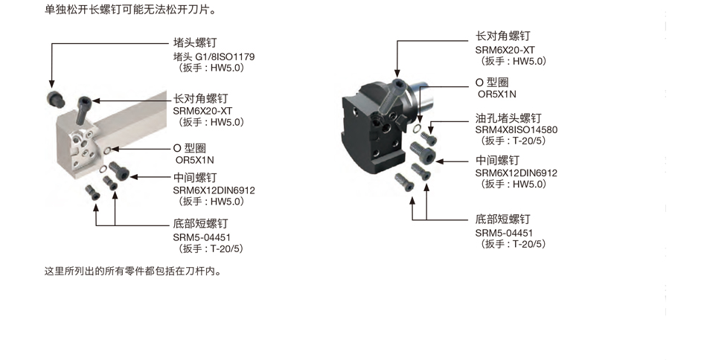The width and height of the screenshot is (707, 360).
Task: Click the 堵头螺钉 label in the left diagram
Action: click(x=195, y=43)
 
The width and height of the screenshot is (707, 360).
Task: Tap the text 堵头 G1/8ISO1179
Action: click(x=214, y=57)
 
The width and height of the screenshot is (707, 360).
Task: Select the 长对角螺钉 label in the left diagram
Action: click(x=200, y=99)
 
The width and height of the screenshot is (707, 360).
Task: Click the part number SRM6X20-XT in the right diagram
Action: click(x=505, y=50)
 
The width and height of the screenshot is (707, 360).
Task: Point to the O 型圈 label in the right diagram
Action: click(x=492, y=83)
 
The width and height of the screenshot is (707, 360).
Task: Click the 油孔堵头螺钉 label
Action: click(x=508, y=118)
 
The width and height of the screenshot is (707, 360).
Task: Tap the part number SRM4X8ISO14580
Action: click(x=516, y=129)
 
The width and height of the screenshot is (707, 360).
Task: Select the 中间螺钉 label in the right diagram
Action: click(x=497, y=161)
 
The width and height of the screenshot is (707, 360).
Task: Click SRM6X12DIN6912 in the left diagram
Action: click(x=214, y=190)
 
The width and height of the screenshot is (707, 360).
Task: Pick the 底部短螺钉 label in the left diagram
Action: click(x=200, y=223)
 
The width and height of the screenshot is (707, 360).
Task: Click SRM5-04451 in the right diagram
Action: click(x=504, y=233)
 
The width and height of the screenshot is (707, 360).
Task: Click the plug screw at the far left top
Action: click(x=55, y=99)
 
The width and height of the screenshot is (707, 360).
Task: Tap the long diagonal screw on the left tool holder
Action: click(x=85, y=110)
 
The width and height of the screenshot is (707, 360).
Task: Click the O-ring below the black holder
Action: click(x=417, y=129)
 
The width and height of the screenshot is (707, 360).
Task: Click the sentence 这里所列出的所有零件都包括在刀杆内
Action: click(x=133, y=271)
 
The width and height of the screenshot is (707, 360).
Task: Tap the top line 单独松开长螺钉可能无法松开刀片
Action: click(x=129, y=9)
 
